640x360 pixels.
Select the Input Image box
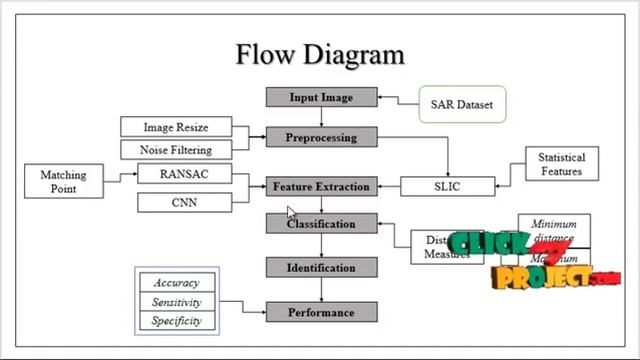coord(321,97)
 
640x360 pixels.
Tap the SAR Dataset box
coord(461,103)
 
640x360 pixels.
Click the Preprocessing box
coord(321,136)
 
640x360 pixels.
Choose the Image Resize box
coord(176,127)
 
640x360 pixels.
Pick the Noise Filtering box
coord(176,150)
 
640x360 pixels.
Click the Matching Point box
coord(63,182)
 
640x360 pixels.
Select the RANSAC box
coord(183,174)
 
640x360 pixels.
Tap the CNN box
coord(183,203)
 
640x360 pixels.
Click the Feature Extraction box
coord(321,186)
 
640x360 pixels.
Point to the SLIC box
coord(447,186)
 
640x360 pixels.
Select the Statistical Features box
coord(562,165)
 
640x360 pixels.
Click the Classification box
coord(321,224)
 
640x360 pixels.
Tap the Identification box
coord(321,268)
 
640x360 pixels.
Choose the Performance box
coord(321,312)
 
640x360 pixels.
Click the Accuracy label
coord(176,283)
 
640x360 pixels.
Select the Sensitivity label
coord(176,302)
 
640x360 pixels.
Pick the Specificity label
coord(176,321)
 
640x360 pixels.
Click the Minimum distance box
coord(554,231)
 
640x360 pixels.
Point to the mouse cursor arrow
coord(292,212)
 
